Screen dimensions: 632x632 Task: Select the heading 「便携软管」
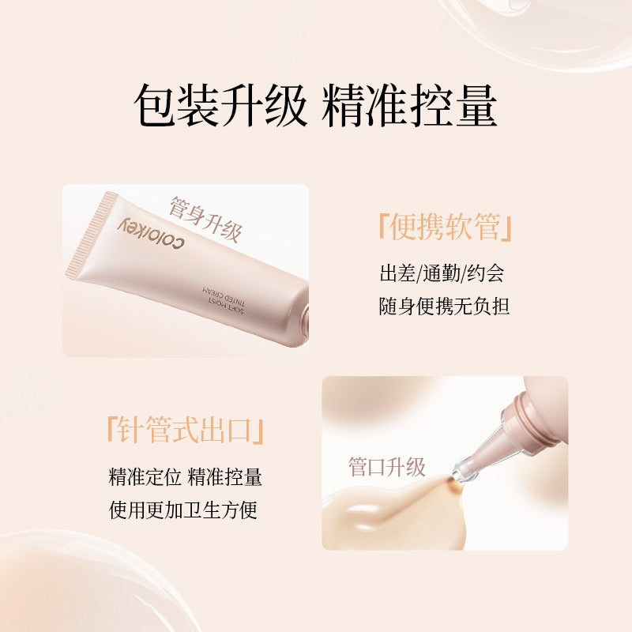(445, 228)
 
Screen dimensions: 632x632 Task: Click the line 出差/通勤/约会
(442, 273)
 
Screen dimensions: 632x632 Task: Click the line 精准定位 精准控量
(185, 477)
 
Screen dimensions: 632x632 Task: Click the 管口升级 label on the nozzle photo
(387, 467)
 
